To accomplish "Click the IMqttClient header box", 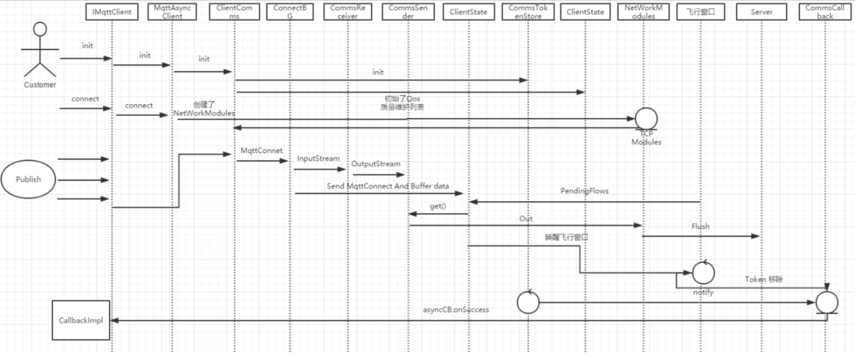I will (112, 12).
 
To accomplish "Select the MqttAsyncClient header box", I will (172, 12).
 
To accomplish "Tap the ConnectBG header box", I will (290, 12).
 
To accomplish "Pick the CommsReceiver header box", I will (347, 12).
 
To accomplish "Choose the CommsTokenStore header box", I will (528, 12).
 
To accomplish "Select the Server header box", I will (762, 12).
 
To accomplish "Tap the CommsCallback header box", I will (825, 12).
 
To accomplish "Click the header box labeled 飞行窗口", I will (700, 12).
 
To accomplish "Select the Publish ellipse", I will (28, 179).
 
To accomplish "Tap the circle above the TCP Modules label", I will (645, 118).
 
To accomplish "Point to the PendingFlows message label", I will (584, 191).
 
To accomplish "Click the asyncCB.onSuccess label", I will (456, 309).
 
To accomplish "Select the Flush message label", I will (700, 226).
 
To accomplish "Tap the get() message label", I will (438, 206).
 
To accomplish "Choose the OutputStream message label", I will (376, 164).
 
